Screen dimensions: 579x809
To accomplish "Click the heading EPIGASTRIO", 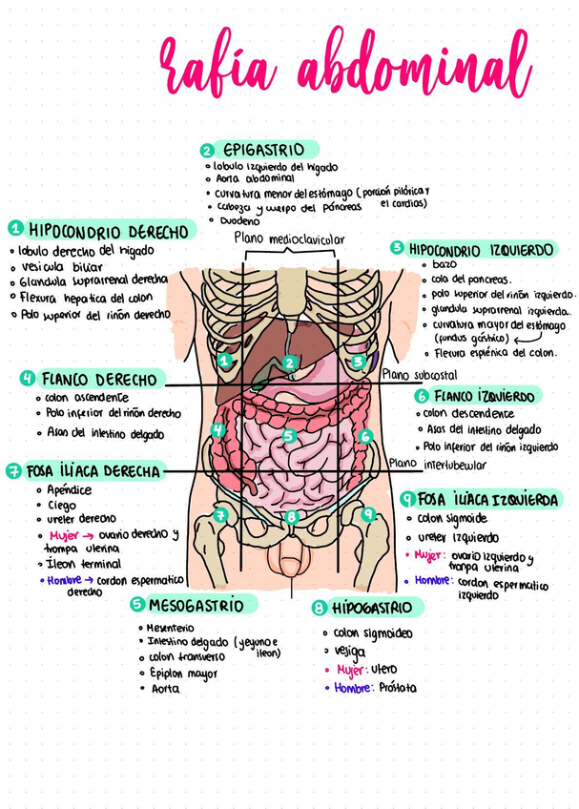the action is click(264, 151).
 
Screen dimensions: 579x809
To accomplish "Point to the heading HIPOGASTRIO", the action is click(372, 608).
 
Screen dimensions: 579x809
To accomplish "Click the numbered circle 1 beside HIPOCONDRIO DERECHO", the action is click(16, 229).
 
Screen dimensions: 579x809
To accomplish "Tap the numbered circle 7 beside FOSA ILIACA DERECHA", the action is click(13, 470).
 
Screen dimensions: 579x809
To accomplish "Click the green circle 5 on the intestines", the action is click(290, 435).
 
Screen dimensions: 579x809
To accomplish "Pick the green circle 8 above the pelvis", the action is click(293, 517).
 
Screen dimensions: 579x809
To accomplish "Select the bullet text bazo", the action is click(445, 264).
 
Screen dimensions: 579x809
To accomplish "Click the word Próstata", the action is click(398, 687).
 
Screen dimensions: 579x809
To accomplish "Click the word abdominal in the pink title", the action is click(413, 71).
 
